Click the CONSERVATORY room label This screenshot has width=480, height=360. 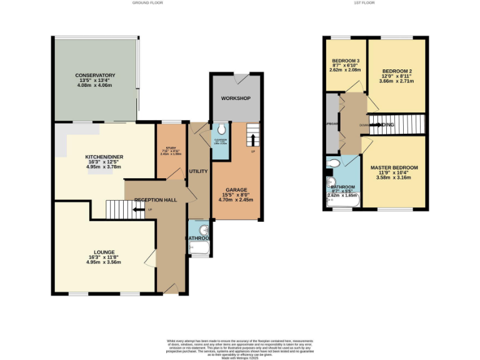tap(95, 75)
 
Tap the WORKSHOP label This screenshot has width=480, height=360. tap(235, 99)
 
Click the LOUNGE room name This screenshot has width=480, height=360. tap(104, 252)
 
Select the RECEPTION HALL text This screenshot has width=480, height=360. tap(155, 200)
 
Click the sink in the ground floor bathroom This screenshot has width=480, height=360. tap(198, 227)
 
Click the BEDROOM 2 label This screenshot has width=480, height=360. tap(397, 72)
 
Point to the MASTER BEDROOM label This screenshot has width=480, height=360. tap(394, 168)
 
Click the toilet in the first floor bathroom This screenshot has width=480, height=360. tap(334, 164)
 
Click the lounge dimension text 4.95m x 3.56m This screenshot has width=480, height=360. tap(104, 262)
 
